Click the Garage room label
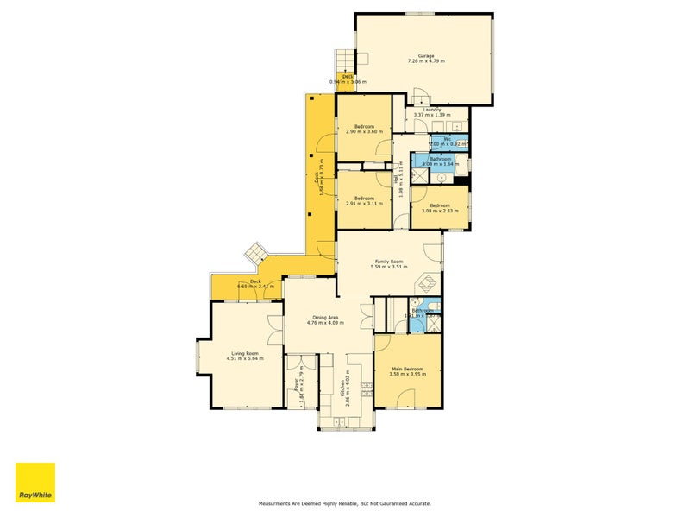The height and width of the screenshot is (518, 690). pyautogui.click(x=426, y=56)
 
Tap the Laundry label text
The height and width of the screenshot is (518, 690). pyautogui.click(x=432, y=110)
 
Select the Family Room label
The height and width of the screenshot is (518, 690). pyautogui.click(x=388, y=262)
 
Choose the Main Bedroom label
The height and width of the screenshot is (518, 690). pyautogui.click(x=408, y=370)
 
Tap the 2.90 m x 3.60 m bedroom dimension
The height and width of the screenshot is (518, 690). pyautogui.click(x=363, y=132)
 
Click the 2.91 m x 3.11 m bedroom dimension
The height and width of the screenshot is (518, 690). pyautogui.click(x=363, y=204)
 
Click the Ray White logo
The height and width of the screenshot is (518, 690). pyautogui.click(x=35, y=483)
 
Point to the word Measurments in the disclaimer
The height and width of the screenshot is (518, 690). pyautogui.click(x=280, y=503)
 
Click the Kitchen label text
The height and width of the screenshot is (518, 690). pyautogui.click(x=343, y=381)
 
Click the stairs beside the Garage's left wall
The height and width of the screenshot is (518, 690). pyautogui.click(x=345, y=60)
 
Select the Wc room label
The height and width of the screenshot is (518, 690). pyautogui.click(x=448, y=138)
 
